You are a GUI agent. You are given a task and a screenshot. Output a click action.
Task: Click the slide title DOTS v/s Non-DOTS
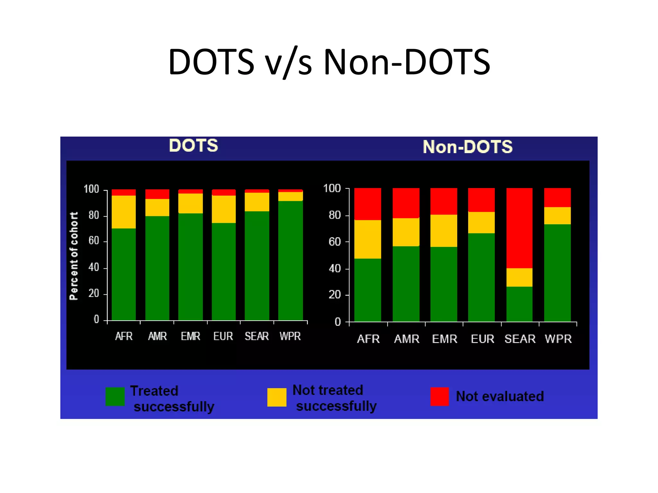[x=329, y=62]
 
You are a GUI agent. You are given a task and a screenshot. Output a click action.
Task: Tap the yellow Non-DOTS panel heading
[x=467, y=147]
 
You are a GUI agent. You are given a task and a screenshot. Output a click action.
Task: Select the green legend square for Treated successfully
[x=115, y=396]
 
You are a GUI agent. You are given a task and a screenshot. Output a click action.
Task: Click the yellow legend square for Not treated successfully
[x=277, y=397]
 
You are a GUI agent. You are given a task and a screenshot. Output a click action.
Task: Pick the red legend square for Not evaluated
[x=440, y=396]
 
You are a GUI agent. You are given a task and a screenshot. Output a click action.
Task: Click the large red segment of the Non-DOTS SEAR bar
[x=519, y=228]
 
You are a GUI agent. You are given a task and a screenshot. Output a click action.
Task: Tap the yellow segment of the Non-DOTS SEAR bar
[x=519, y=277]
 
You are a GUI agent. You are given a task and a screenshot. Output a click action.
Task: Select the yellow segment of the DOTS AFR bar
[x=124, y=212]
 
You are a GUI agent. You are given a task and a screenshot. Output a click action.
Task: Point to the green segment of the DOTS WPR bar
[x=290, y=260]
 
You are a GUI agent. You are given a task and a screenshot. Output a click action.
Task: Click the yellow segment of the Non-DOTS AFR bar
[x=368, y=239]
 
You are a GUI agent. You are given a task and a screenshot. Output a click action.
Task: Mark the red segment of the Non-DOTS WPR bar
[x=557, y=197]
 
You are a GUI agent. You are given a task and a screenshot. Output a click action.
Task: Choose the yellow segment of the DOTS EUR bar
[x=224, y=209]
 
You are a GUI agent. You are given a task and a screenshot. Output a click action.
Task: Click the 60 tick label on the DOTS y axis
[x=94, y=241]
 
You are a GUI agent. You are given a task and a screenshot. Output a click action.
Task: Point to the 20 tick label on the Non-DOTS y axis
[x=334, y=295]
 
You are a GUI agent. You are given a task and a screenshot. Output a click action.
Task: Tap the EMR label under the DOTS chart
[x=191, y=336]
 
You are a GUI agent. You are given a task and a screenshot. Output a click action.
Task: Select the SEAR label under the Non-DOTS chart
[x=520, y=339]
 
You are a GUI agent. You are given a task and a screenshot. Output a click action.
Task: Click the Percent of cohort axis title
[x=74, y=256]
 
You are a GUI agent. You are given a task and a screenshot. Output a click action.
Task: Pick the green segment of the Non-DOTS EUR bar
[x=481, y=277]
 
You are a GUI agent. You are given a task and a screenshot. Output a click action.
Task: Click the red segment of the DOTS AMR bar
[x=157, y=194]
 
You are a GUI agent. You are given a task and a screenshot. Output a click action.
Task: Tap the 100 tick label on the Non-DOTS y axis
[x=332, y=188]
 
